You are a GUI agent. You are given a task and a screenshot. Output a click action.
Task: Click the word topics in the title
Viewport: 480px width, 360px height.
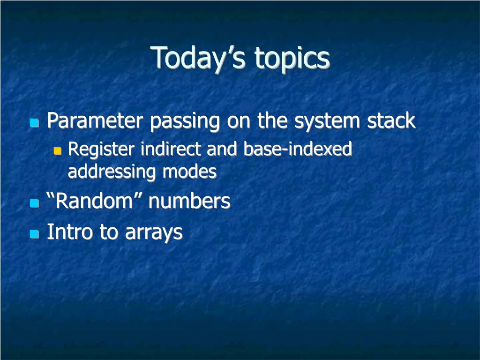click(292, 59)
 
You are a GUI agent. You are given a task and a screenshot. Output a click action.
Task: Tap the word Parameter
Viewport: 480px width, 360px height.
click(95, 120)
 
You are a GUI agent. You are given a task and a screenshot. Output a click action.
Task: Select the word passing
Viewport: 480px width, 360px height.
click(185, 121)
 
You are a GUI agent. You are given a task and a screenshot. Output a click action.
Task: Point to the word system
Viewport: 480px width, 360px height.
click(327, 121)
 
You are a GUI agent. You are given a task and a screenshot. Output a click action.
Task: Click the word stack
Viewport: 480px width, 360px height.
click(391, 120)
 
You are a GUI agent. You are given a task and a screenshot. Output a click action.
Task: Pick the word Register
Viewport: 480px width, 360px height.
click(101, 150)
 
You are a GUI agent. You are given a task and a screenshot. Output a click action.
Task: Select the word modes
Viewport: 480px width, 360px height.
click(189, 172)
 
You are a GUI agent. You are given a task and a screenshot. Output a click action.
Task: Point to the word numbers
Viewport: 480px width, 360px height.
click(189, 201)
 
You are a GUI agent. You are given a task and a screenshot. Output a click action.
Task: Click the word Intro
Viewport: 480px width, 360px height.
click(69, 232)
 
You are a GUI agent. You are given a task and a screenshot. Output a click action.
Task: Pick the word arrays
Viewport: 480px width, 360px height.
click(154, 232)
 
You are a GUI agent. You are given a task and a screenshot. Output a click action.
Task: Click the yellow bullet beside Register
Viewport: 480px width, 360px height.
click(57, 151)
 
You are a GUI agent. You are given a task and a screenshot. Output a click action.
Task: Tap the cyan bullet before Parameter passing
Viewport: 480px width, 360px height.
click(34, 123)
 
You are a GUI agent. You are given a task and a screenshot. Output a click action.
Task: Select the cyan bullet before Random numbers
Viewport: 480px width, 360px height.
click(34, 203)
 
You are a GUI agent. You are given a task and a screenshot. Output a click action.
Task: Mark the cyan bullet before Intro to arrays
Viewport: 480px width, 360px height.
click(34, 234)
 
